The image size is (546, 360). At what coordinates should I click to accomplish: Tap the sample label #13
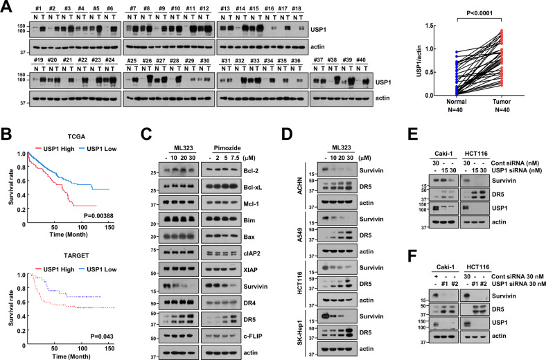point(225,8)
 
